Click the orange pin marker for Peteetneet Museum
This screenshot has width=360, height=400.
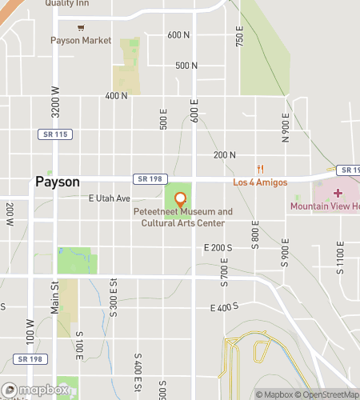click(x=180, y=198)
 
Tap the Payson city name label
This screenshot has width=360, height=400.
click(x=58, y=182)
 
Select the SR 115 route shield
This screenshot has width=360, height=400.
click(x=55, y=134)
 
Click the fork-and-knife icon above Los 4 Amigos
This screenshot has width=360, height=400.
click(x=260, y=169)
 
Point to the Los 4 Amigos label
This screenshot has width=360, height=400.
click(x=260, y=182)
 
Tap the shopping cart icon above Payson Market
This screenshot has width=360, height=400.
click(x=80, y=26)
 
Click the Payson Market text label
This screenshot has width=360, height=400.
click(x=81, y=40)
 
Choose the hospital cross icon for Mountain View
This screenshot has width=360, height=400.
click(x=337, y=194)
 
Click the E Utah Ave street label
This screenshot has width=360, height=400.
click(x=109, y=198)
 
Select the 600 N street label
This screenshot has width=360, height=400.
click(x=179, y=35)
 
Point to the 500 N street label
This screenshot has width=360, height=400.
click(x=186, y=66)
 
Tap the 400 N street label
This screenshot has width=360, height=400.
click(x=116, y=96)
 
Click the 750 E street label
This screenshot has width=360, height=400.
click(x=239, y=36)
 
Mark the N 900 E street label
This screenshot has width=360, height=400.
click(x=286, y=127)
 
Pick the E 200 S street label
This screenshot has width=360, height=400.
click(x=218, y=249)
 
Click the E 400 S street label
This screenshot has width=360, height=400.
click(x=225, y=308)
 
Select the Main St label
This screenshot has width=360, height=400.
click(x=56, y=292)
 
